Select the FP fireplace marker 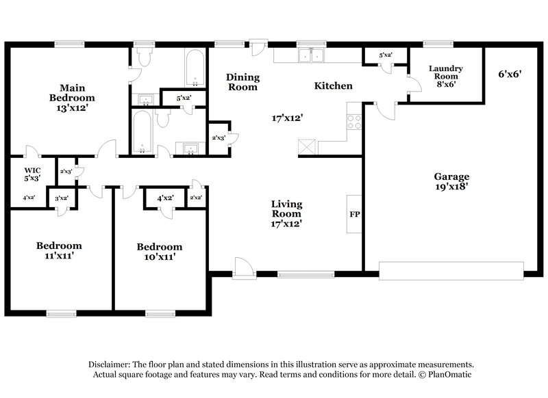[355, 214]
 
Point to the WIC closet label [32, 174]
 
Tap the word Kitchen [333, 86]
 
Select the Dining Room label [242, 82]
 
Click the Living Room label [286, 213]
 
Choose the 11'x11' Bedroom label [59, 250]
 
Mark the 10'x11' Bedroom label [159, 251]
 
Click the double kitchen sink [310, 55]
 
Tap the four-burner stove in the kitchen [354, 121]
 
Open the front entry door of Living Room [242, 269]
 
